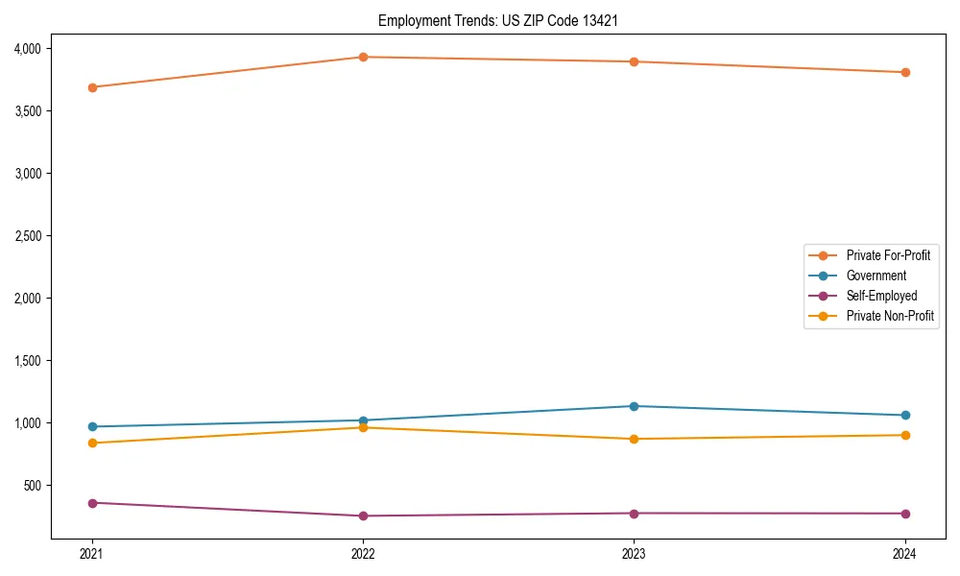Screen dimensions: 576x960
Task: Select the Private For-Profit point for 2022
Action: pos(363,58)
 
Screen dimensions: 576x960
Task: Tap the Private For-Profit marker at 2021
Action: pos(92,87)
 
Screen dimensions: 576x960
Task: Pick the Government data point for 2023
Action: pos(635,406)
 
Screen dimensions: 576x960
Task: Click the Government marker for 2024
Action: pos(905,416)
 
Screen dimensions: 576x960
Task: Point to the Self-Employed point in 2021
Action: pos(92,503)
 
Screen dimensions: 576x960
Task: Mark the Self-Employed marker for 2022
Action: pos(363,516)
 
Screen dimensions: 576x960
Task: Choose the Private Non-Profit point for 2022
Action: pos(363,427)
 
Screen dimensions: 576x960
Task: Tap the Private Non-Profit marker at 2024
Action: pos(905,436)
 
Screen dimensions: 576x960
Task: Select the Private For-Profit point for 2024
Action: pos(905,73)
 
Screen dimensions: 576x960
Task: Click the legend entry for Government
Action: pos(876,276)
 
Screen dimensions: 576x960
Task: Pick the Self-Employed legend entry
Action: pos(881,296)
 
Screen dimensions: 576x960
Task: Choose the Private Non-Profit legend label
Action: pos(890,316)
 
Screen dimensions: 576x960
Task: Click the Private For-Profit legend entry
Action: pos(887,255)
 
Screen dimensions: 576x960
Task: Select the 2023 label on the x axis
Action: pos(635,554)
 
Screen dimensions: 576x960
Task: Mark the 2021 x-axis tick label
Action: pos(92,554)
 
